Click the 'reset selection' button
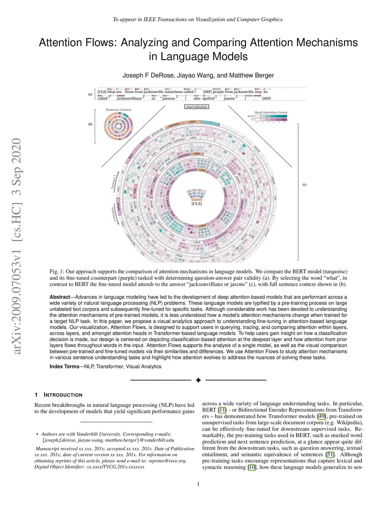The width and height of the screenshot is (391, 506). pyautogui.click(x=197, y=107)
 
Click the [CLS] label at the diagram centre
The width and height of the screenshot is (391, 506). pyautogui.click(x=197, y=204)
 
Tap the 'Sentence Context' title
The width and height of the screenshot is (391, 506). pyautogui.click(x=118, y=110)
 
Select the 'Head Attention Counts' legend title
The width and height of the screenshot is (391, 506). pyautogui.click(x=271, y=112)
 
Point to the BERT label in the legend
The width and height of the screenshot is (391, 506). pyautogui.click(x=251, y=116)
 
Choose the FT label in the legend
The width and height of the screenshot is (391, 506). pyautogui.click(x=252, y=120)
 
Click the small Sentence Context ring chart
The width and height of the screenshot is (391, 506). pyautogui.click(x=118, y=127)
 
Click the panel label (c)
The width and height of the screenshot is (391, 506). pyautogui.click(x=304, y=184)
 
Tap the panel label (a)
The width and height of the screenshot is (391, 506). pyautogui.click(x=90, y=94)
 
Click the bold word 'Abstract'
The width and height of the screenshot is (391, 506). pyautogui.click(x=60, y=297)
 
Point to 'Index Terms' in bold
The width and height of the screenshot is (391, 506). pyautogui.click(x=64, y=367)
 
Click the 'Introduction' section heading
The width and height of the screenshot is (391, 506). pyautogui.click(x=63, y=395)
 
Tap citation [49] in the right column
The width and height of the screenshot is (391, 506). pyautogui.click(x=322, y=416)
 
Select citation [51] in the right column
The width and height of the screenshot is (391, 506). pyautogui.click(x=330, y=454)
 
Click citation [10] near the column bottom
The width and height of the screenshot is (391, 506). pyautogui.click(x=252, y=467)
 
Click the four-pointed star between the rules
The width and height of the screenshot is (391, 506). pyautogui.click(x=198, y=380)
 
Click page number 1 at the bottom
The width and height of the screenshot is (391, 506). pyautogui.click(x=198, y=484)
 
